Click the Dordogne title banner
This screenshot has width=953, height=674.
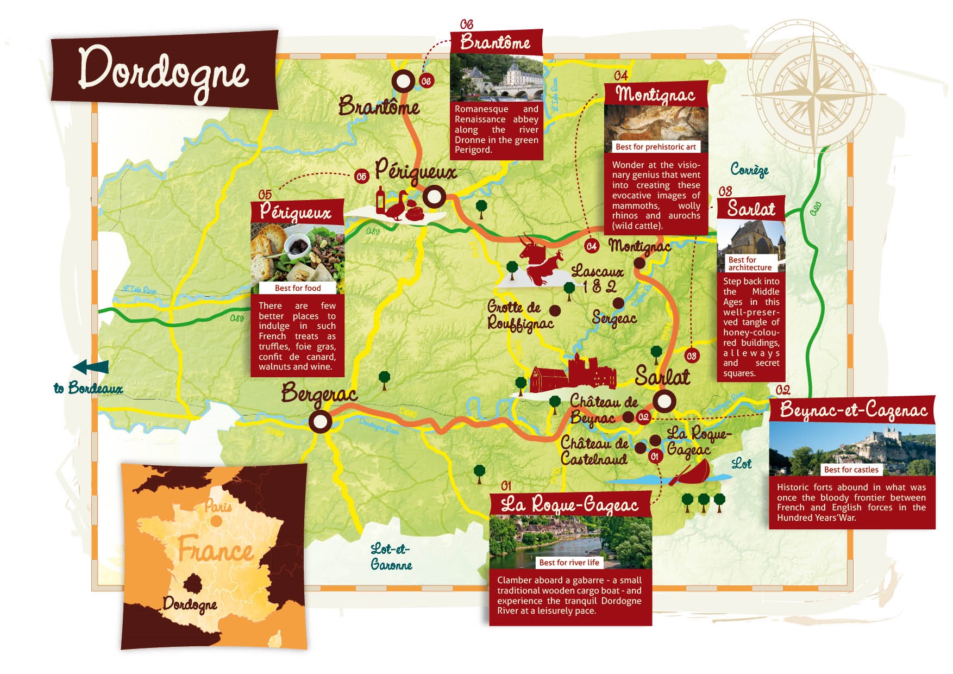tap(164, 71)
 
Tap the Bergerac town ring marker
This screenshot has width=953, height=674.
tap(320, 421)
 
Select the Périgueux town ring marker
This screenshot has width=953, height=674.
tap(434, 197)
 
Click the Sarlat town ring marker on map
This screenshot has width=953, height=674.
tap(663, 402)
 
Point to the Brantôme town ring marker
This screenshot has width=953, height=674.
tap(403, 82)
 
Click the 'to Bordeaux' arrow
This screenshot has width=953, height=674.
tap(91, 367)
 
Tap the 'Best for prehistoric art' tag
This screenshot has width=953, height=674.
tap(655, 147)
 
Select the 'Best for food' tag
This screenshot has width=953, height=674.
tap(298, 288)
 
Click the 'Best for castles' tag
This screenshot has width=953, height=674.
tap(851, 470)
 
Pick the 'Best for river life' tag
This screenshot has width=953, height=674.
tap(569, 563)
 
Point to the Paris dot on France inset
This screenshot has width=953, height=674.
tap(216, 521)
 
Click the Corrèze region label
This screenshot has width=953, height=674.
tap(749, 170)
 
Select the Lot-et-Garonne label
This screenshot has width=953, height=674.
tap(391, 557)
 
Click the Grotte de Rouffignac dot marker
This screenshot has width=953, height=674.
tap(555, 310)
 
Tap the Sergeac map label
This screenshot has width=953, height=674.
tap(614, 318)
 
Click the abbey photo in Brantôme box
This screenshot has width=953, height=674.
tap(496, 79)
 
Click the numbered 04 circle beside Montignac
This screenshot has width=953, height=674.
tap(592, 246)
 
